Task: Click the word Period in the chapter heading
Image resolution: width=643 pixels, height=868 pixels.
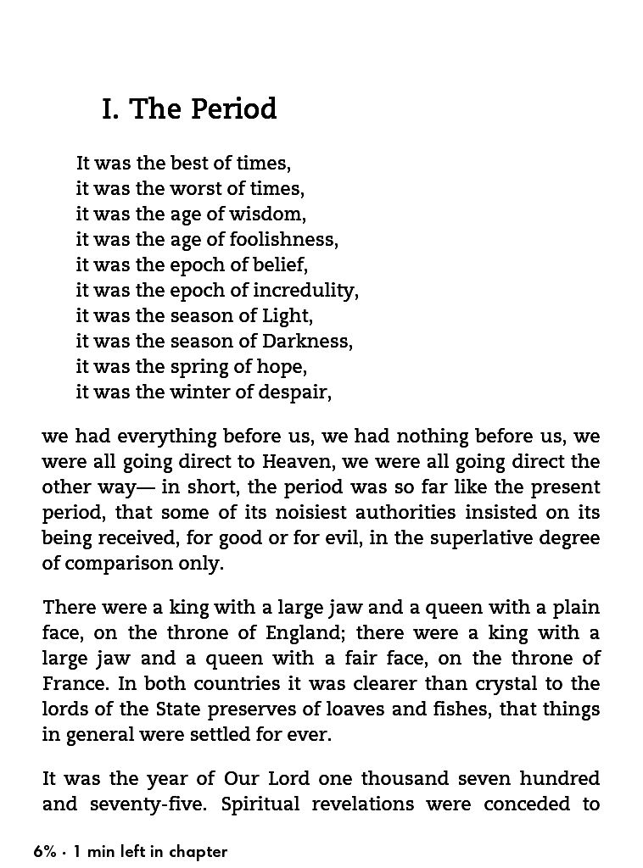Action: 233,110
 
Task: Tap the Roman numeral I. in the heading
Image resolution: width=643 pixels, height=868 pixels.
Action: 110,110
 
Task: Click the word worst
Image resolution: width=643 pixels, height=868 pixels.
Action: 194,188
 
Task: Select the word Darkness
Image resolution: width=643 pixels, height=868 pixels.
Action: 307,341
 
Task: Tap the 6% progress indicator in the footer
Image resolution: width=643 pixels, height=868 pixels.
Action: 44,852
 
